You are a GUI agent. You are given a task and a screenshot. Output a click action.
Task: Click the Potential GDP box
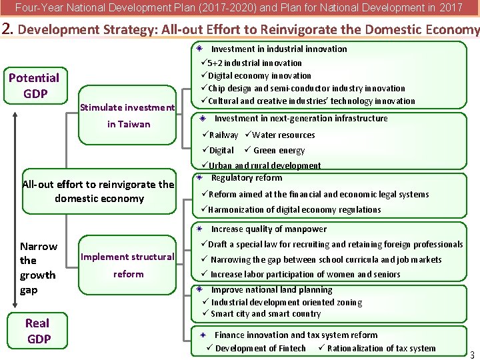pos(34,86)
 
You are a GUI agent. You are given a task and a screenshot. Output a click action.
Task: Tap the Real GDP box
pos(37,331)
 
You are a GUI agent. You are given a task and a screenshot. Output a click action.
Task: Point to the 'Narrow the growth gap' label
pos(39,268)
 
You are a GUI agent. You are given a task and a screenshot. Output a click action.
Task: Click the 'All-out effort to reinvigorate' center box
pos(99,191)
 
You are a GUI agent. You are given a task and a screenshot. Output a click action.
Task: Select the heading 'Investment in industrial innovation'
pos(279,49)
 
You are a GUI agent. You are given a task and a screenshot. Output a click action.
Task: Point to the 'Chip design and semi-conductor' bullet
pos(306,88)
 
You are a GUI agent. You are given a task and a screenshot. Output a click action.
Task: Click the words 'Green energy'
pos(279,151)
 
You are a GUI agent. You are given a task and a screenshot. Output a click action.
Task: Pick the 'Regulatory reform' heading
pos(246,178)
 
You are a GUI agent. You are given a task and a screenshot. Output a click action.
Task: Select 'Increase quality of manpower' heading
pos(269,229)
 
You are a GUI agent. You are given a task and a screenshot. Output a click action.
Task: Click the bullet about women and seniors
pos(305,274)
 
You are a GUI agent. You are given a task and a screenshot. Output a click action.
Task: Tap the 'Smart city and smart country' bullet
pos(265,313)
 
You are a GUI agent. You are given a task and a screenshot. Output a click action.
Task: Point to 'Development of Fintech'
pos(260,348)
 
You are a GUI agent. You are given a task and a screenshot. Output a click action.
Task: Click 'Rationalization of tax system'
pos(381,348)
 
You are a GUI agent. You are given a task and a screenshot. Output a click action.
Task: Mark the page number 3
pos(472,354)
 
